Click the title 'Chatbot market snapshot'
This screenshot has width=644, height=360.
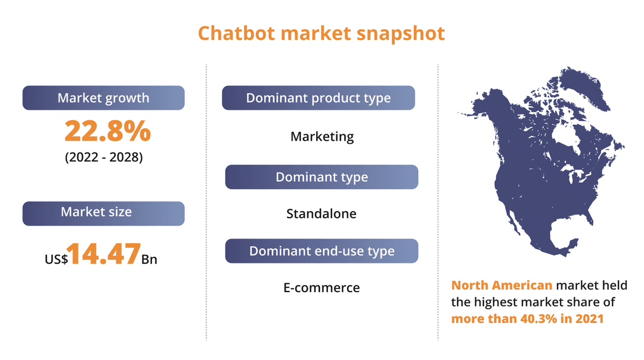click(x=321, y=33)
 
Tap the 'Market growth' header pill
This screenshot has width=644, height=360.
click(x=103, y=98)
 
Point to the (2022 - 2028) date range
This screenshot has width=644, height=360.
click(x=104, y=159)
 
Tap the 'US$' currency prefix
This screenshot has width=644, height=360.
click(x=55, y=259)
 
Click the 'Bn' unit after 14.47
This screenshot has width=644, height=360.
click(x=149, y=259)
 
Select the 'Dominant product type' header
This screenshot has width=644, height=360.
click(x=318, y=98)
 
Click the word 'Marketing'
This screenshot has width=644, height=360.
click(x=322, y=136)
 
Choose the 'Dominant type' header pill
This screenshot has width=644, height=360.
click(x=321, y=177)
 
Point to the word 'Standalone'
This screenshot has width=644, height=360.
click(x=321, y=213)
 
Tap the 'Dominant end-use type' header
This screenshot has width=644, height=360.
click(x=321, y=251)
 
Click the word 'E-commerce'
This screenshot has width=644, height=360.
click(x=321, y=288)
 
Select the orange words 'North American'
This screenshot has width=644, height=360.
click(x=501, y=285)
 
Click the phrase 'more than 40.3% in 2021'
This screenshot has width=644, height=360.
click(x=527, y=318)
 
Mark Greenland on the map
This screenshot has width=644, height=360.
click(x=581, y=89)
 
